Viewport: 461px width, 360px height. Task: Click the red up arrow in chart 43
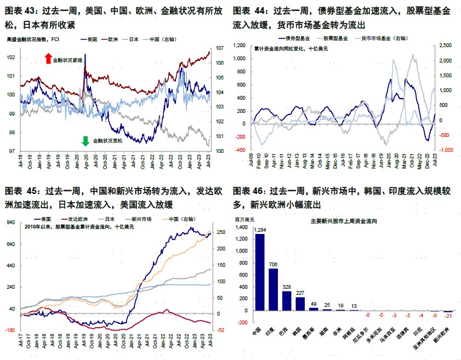[48, 59]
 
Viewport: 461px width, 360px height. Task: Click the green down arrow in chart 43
[85, 141]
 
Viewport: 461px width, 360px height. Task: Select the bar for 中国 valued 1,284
[260, 272]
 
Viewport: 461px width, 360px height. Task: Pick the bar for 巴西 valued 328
[287, 301]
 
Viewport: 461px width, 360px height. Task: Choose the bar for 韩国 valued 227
[300, 304]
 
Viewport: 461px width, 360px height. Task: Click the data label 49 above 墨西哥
[314, 304]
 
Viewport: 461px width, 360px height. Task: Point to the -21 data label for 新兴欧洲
[448, 317]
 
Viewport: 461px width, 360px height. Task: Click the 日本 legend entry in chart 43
[133, 39]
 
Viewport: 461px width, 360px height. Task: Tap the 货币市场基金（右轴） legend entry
[379, 39]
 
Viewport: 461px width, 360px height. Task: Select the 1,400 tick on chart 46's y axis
[241, 227]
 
